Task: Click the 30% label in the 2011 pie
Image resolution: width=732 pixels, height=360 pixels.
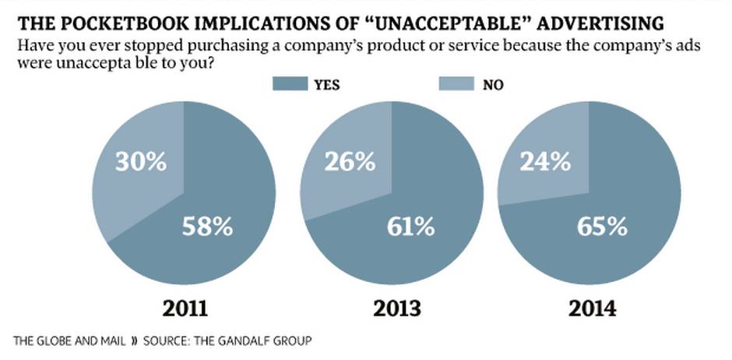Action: tap(141, 162)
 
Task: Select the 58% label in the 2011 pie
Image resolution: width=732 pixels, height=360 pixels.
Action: tap(207, 227)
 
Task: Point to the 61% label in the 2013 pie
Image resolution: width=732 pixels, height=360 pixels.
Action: tap(410, 227)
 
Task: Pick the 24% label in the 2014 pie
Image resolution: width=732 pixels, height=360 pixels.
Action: tap(544, 162)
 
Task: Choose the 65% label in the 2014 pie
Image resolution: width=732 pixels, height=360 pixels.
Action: tap(602, 227)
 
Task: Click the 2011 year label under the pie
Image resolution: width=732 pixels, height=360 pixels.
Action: tap(185, 307)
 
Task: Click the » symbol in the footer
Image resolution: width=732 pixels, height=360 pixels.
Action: tap(133, 341)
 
